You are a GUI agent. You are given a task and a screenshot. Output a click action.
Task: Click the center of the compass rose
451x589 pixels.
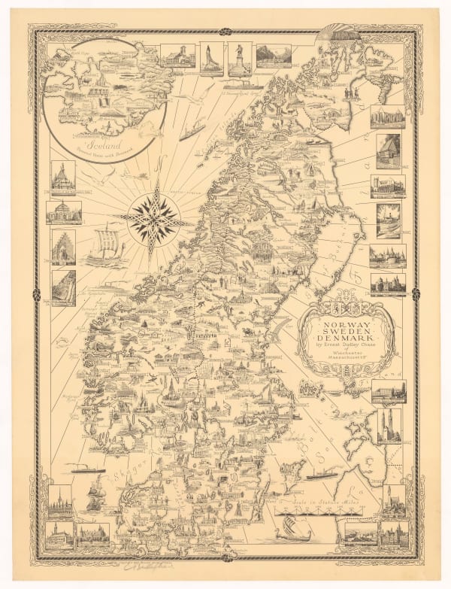pos(156,220)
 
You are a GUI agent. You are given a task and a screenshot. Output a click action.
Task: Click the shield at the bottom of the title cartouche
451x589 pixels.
pos(347,375)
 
